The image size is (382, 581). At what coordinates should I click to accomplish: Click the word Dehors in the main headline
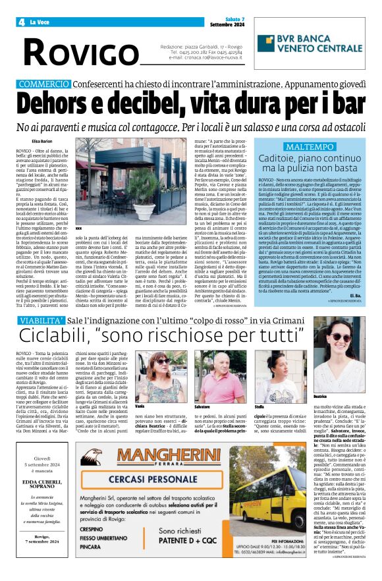point(63,105)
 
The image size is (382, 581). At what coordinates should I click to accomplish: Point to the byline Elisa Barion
point(41,141)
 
